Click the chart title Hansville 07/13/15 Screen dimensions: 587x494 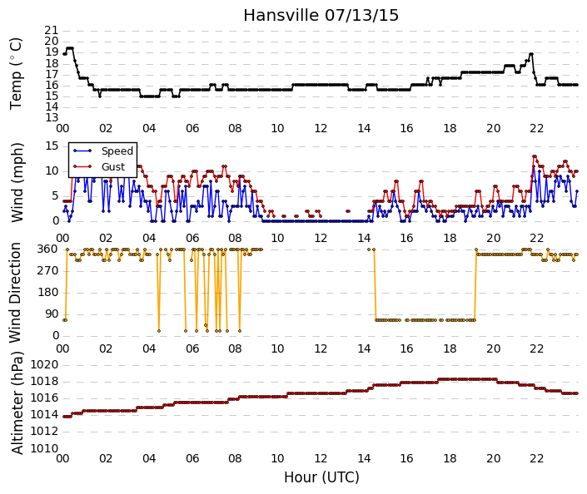[321, 15]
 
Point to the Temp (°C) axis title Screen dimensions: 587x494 [16, 74]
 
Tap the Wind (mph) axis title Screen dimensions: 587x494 [17, 183]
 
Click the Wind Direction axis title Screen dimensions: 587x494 [15, 293]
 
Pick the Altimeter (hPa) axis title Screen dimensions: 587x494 [17, 403]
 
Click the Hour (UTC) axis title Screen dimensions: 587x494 [321, 477]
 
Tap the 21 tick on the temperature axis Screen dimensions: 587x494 [52, 31]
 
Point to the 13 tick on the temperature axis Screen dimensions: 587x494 [52, 118]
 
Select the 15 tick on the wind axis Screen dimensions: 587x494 [52, 146]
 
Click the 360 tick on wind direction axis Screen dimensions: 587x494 [48, 249]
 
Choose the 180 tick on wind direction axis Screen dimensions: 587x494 [48, 293]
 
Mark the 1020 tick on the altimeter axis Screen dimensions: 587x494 [45, 364]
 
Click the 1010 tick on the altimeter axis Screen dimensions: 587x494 [45, 448]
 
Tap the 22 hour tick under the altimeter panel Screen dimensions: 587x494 [536, 458]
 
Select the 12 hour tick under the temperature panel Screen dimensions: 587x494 [321, 129]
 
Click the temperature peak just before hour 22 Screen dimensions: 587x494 [531, 54]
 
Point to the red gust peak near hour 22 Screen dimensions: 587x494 [535, 156]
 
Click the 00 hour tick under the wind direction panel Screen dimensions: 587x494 [62, 348]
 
